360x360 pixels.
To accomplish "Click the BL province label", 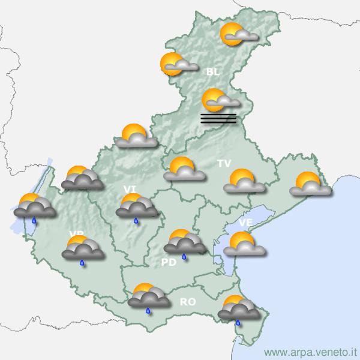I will (x=212, y=73).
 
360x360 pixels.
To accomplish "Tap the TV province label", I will (x=224, y=163).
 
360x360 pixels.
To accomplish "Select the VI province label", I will (x=130, y=190).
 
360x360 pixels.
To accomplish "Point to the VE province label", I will (x=245, y=223).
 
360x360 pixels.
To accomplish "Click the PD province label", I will (x=168, y=262).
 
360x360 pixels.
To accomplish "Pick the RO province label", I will (x=188, y=302).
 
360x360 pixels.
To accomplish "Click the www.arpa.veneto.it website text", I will (x=310, y=352).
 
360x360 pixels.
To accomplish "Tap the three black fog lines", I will (x=218, y=118).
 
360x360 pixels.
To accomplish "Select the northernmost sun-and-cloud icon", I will (x=239, y=35).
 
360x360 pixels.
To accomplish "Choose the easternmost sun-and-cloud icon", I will (x=310, y=185).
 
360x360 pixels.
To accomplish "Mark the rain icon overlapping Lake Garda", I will (x=35, y=207).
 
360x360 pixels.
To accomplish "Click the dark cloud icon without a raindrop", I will (x=82, y=179).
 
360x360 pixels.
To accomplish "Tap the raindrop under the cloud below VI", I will (x=136, y=221).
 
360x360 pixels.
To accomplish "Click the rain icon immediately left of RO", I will (x=148, y=297).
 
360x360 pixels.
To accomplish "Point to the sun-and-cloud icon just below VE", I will (x=244, y=245).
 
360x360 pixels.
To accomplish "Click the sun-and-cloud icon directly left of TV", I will (x=184, y=170).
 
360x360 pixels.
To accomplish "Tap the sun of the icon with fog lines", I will (x=213, y=97).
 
